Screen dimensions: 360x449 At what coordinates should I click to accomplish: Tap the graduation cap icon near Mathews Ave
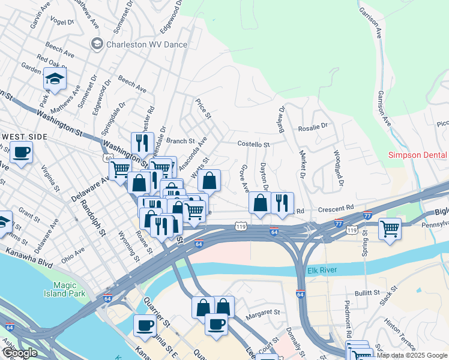[55, 79]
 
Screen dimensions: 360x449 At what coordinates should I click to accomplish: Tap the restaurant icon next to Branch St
[142, 143]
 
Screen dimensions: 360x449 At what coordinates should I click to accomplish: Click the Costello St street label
[254, 145]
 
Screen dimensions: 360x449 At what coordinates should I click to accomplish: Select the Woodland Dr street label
[338, 166]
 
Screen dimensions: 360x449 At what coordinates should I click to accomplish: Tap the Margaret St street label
[264, 312]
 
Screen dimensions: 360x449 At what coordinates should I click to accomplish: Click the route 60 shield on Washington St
[107, 158]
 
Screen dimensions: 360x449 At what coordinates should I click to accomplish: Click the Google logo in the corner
[20, 353]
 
